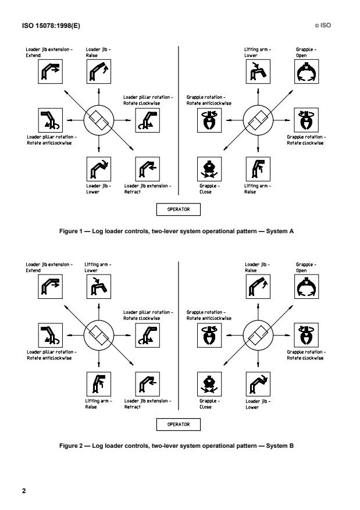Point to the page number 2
24,491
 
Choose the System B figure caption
180,447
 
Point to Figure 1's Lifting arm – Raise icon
254,167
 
